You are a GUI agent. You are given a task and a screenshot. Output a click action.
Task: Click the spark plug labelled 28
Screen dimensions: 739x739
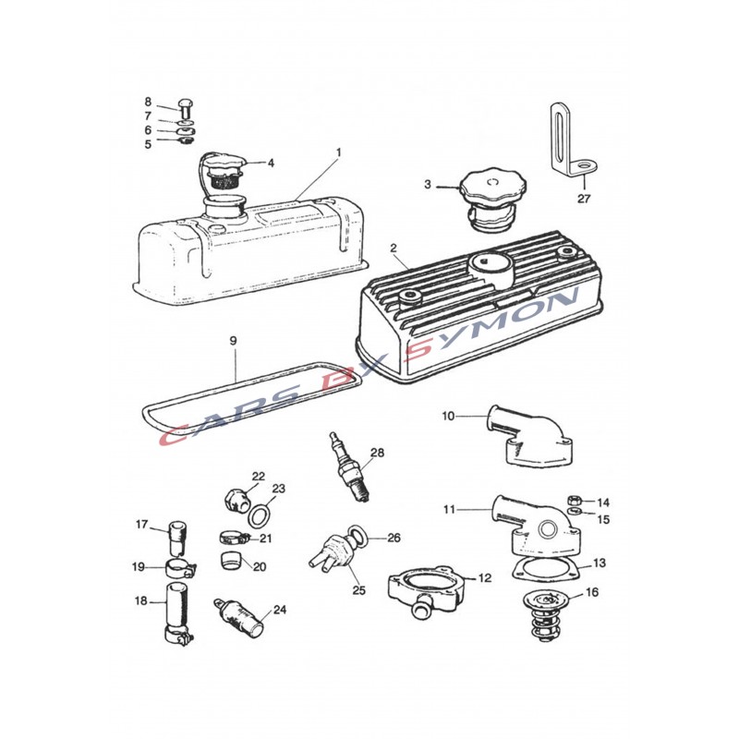(351, 466)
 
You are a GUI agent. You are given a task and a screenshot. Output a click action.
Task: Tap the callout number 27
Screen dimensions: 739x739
(584, 199)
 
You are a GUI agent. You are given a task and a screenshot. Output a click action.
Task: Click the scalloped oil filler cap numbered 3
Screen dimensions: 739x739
(492, 200)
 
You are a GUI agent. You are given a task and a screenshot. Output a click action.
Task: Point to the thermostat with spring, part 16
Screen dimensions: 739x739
(546, 616)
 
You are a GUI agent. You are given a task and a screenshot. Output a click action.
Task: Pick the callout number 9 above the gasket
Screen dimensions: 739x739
(234, 340)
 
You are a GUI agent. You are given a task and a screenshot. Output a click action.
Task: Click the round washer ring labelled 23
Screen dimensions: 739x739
(259, 517)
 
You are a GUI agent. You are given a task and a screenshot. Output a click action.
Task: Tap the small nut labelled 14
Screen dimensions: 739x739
(574, 500)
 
